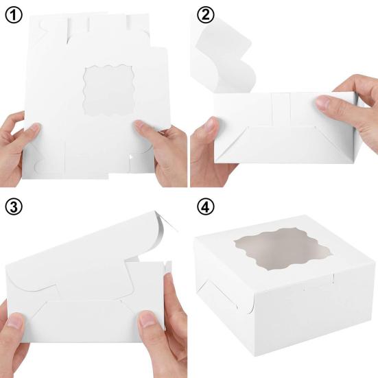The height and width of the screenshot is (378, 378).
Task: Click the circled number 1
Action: pos(14,15)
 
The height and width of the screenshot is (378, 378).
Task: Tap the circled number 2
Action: pos(205,15)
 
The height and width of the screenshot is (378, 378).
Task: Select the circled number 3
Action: pos(14,207)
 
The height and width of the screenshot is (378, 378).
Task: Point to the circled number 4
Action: pos(205,207)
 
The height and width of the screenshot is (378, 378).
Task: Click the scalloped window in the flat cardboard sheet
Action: pos(108,90)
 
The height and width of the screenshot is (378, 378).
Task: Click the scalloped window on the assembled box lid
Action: pos(282,249)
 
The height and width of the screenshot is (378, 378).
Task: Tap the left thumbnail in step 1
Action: pos(36,128)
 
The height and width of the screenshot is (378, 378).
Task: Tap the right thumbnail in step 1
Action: pos(140,126)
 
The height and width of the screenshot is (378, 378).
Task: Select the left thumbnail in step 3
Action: pos(15,320)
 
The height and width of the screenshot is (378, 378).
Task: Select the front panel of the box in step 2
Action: pos(285,145)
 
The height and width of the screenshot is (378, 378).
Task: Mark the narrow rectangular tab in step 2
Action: pos(281,109)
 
